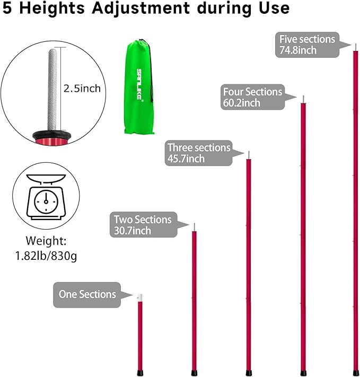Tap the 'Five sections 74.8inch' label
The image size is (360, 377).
308,45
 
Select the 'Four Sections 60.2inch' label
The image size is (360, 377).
253,97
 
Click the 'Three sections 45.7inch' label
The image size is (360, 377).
199,153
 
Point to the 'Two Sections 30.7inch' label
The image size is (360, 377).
143,224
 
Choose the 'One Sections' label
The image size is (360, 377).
87,294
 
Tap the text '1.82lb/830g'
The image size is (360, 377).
45,257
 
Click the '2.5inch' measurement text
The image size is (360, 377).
82,89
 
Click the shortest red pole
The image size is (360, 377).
140,334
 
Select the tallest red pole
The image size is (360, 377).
355,212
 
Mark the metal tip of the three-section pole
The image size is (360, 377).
248,154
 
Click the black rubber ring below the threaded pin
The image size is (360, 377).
51,135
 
